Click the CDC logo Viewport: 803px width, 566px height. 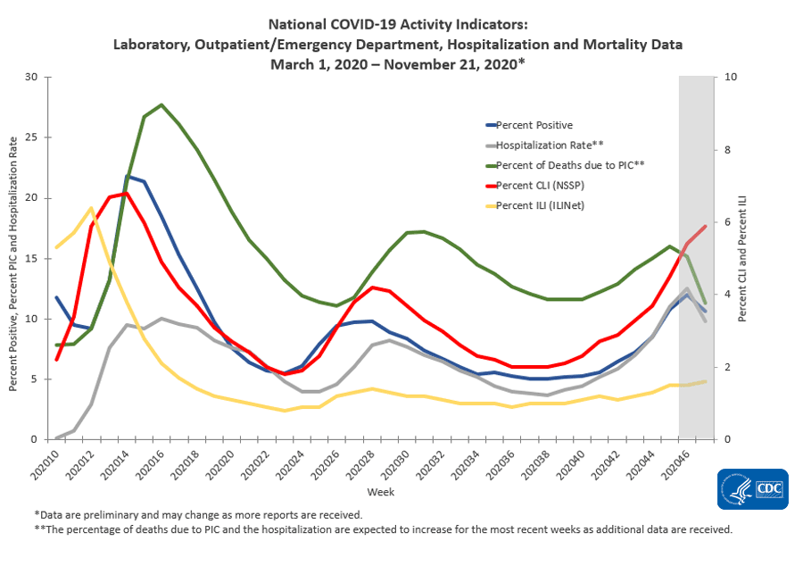point(752,489)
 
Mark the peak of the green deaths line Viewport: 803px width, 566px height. point(161,104)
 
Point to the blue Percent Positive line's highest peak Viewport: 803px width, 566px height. point(128,177)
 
